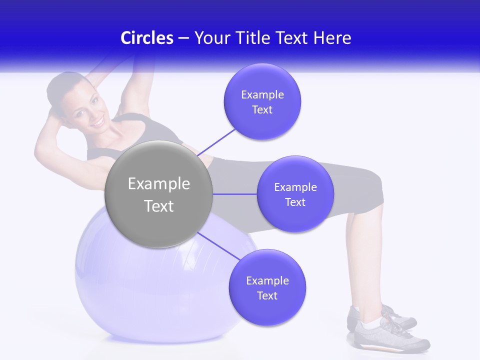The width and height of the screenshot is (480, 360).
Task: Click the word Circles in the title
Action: pyautogui.click(x=147, y=38)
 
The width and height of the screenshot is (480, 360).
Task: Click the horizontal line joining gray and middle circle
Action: pyautogui.click(x=234, y=194)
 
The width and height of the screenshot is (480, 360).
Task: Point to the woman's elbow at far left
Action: pyautogui.click(x=39, y=150)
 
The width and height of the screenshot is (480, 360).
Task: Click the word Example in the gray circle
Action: pyautogui.click(x=158, y=184)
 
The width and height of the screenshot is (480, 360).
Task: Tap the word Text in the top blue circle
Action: pyautogui.click(x=262, y=109)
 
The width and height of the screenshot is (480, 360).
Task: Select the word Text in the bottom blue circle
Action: pyautogui.click(x=267, y=295)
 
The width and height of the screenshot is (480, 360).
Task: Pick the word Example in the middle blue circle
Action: pyautogui.click(x=295, y=187)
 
